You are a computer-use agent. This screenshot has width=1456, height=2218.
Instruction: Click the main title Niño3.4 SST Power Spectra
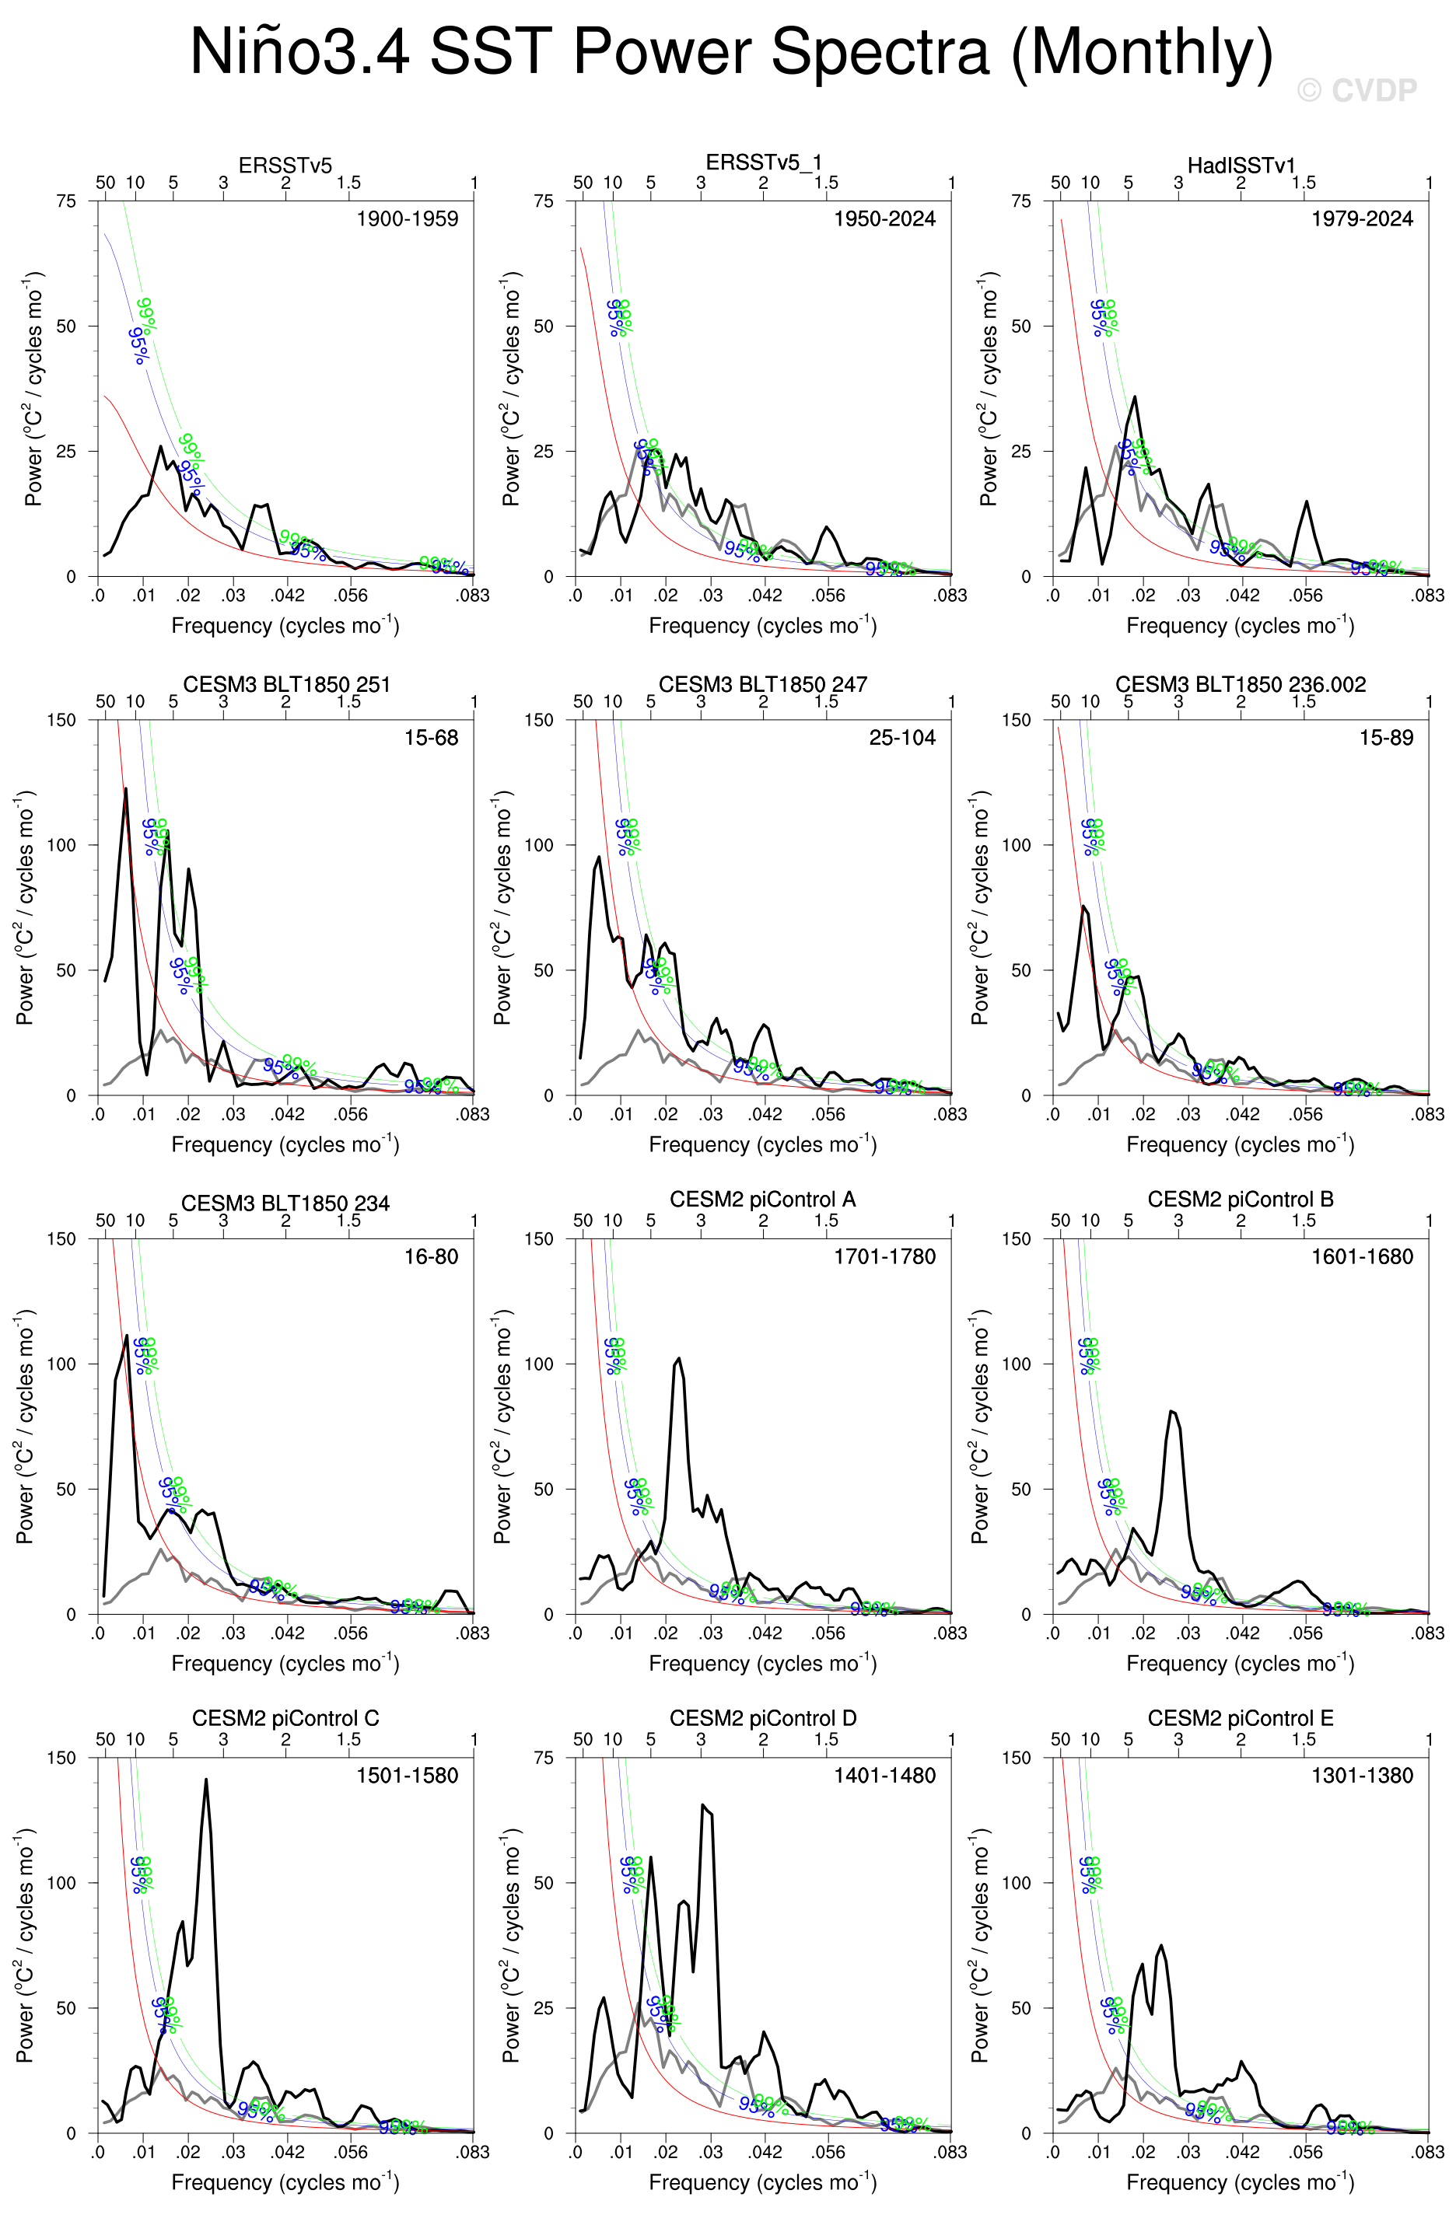(x=731, y=51)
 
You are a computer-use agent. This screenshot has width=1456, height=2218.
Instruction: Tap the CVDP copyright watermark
(x=1356, y=90)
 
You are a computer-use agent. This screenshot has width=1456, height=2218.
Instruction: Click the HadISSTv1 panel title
(x=1241, y=165)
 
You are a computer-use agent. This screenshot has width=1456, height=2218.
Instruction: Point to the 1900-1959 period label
(x=408, y=219)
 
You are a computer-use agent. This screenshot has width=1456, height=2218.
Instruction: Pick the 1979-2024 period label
(x=1362, y=219)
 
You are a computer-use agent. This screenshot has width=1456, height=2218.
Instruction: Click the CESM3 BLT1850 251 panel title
(x=286, y=684)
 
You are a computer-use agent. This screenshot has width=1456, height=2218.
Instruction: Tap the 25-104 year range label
(x=901, y=738)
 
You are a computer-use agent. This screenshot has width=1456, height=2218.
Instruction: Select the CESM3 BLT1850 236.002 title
(x=1241, y=684)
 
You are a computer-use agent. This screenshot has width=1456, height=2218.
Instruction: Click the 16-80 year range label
(x=431, y=1256)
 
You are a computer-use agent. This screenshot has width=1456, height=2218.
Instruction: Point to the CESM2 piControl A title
(x=762, y=1200)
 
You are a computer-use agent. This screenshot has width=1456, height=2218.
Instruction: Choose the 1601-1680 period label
(x=1362, y=1256)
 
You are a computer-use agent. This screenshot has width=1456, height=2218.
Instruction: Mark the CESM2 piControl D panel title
(x=762, y=1718)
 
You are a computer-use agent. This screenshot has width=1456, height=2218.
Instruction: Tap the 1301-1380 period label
(x=1362, y=1776)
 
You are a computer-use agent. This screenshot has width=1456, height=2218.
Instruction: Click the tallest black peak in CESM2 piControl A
(x=677, y=1359)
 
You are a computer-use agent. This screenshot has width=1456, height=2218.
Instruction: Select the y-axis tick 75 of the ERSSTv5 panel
(x=66, y=201)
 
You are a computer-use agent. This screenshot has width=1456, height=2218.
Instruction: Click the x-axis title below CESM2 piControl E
(x=1240, y=2181)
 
